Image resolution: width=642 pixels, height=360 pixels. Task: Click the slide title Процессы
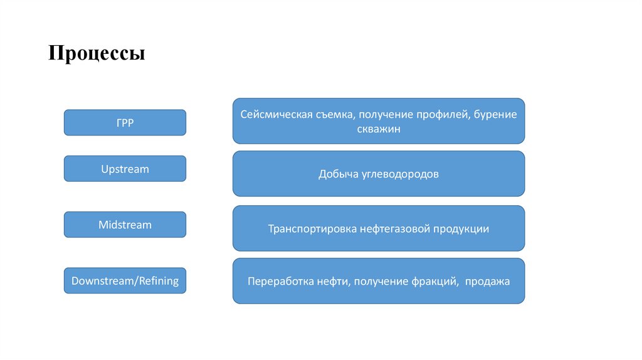tap(97, 53)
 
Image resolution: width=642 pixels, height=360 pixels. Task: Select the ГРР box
tap(125, 123)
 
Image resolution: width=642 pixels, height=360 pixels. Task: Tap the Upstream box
tap(125, 169)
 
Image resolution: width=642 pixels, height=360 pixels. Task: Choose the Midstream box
tap(125, 225)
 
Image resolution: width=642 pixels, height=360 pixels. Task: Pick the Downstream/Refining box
tap(125, 280)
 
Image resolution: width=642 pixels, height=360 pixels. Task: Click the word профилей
tap(443, 115)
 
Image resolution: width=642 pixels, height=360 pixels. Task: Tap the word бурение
tap(495, 115)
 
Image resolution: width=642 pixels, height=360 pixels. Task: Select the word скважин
tap(379, 129)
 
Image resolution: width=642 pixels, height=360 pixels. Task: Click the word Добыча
tap(337, 174)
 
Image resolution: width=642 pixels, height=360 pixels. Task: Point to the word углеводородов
tap(399, 174)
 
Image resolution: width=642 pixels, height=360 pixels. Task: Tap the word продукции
tap(461, 229)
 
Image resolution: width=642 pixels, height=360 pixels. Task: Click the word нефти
tap(333, 282)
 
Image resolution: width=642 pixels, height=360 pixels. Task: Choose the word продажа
tap(487, 282)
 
